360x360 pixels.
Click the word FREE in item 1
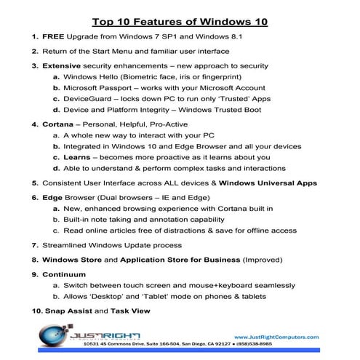pos(52,36)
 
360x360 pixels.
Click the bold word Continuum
pos(64,274)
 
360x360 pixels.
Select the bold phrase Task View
pos(132,311)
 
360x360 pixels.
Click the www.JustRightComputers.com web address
pos(278,337)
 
